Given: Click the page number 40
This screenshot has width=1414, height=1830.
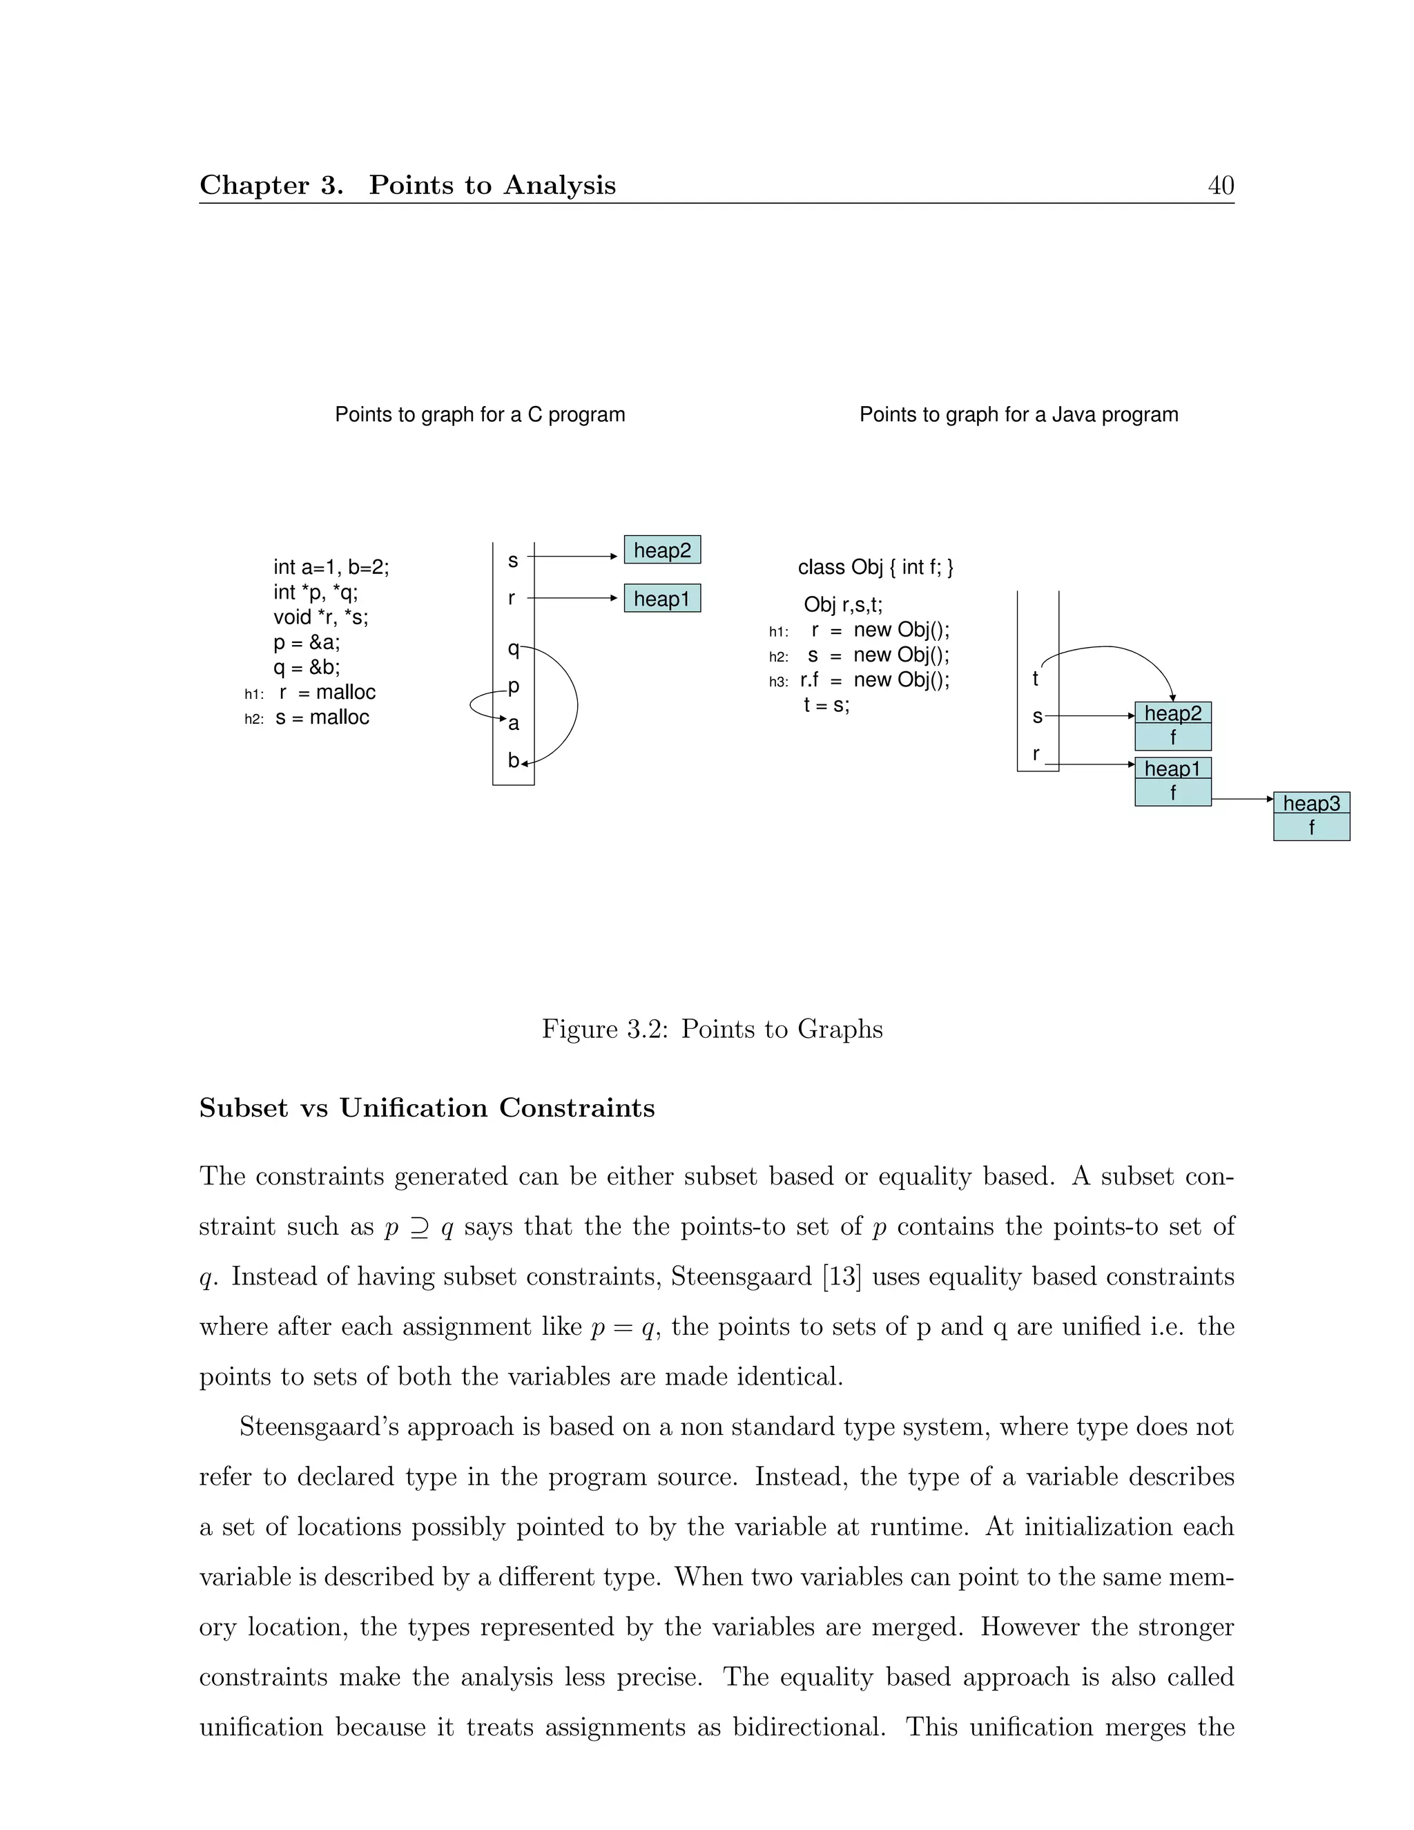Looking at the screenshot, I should pyautogui.click(x=1221, y=185).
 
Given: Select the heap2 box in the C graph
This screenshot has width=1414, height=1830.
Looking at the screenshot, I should pyautogui.click(x=661, y=550).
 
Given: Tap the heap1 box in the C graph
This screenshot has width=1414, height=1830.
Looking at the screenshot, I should pyautogui.click(x=661, y=598).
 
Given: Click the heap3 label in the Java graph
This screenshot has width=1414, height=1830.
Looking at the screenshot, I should pyautogui.click(x=1311, y=804).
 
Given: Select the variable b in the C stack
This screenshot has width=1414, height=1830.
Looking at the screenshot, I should pyautogui.click(x=513, y=761).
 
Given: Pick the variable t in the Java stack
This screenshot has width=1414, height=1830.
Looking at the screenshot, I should pyautogui.click(x=1036, y=679).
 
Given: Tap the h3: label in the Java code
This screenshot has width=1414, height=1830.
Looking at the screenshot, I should pyautogui.click(x=778, y=682).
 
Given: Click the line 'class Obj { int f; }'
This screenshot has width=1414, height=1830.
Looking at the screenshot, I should pyautogui.click(x=875, y=567).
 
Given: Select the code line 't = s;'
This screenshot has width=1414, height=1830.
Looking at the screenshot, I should pyautogui.click(x=826, y=704).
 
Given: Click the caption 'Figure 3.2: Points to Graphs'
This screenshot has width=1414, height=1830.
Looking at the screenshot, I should pyautogui.click(x=712, y=1029).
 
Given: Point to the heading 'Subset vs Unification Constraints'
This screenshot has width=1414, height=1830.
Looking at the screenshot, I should pyautogui.click(x=427, y=1108).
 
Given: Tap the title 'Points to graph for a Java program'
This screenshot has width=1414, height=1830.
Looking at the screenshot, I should pyautogui.click(x=1018, y=415).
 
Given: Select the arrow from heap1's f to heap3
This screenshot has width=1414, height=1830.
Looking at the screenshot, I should pyautogui.click(x=1241, y=800).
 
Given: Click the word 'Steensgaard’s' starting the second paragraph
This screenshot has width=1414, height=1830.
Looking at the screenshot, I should pyautogui.click(x=318, y=1427).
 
